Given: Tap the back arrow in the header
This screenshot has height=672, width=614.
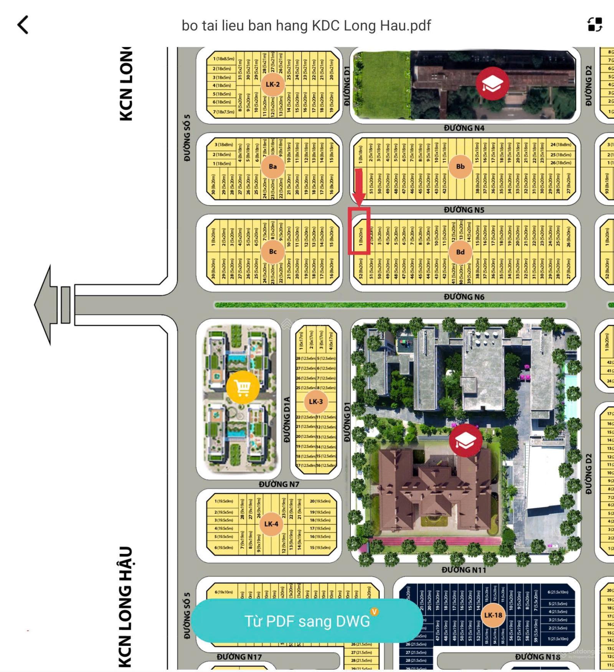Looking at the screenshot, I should click(23, 25).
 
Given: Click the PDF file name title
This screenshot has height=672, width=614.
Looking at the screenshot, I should click(306, 26).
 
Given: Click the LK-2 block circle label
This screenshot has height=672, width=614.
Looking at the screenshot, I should click(272, 84).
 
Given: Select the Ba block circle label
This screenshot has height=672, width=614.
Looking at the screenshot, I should click(272, 166).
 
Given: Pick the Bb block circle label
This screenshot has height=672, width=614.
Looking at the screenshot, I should click(460, 166).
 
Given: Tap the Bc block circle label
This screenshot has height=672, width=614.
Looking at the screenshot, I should click(272, 252).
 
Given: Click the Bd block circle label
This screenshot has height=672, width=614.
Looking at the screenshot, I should click(460, 252).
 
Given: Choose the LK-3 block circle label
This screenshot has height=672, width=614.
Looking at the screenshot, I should click(315, 402).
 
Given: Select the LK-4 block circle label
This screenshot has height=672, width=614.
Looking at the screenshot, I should click(271, 524).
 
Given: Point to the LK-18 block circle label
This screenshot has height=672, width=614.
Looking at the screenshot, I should click(493, 615).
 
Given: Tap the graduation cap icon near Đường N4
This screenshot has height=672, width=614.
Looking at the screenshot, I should click(492, 83).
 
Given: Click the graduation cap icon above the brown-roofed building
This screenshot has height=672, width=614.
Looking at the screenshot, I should click(465, 440).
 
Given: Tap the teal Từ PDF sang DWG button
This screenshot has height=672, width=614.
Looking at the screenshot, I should click(307, 621).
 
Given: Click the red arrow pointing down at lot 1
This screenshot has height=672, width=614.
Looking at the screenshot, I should click(359, 188).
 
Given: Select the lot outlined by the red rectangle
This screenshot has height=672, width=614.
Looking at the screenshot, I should click(359, 231).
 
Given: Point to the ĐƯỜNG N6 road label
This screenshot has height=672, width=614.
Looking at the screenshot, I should click(464, 297).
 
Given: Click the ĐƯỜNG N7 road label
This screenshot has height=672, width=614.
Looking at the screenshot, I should click(279, 484).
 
